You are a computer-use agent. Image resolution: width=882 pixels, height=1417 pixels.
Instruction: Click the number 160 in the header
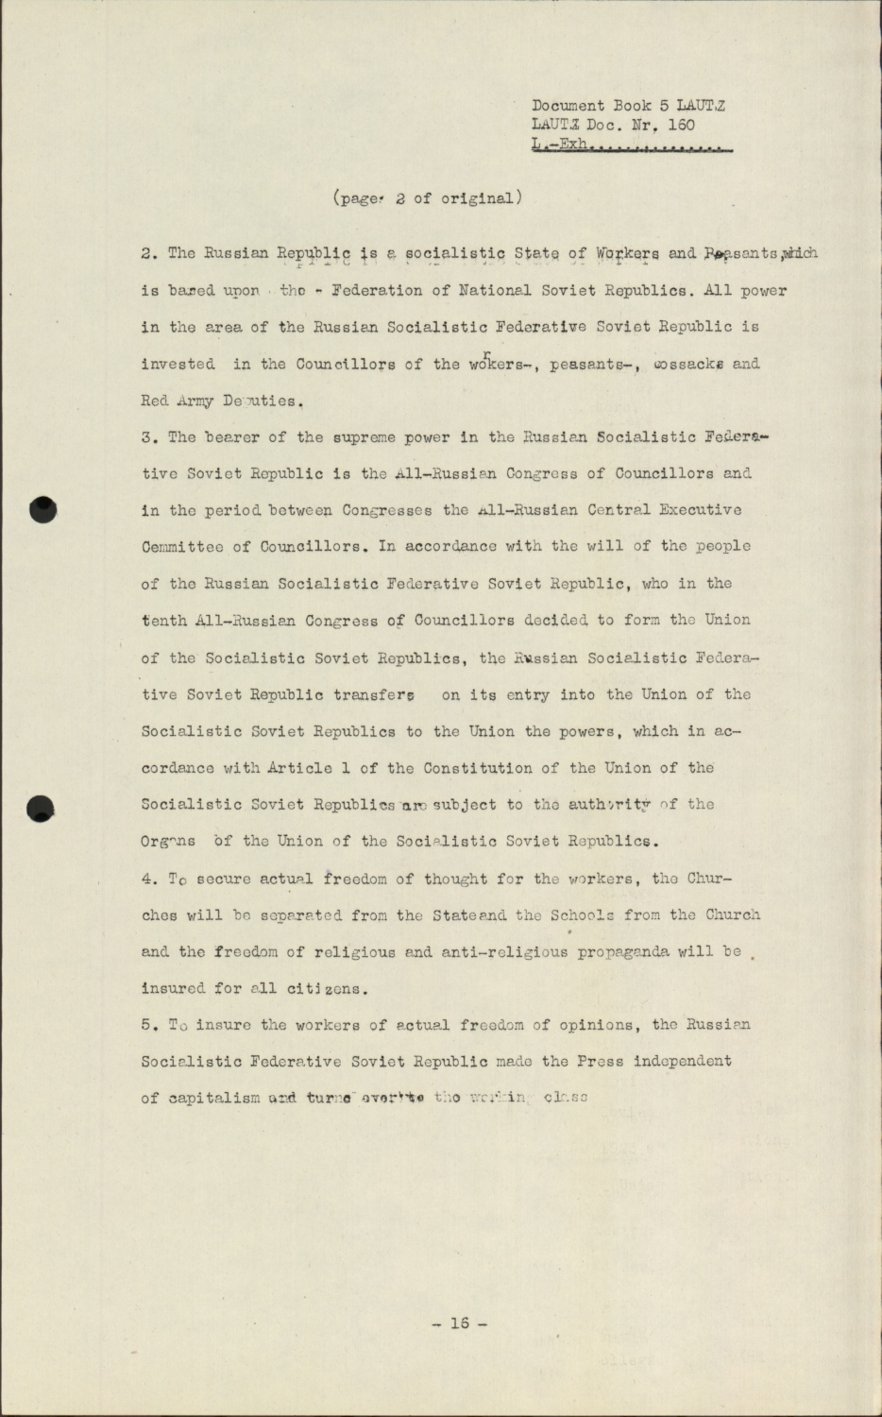click(681, 125)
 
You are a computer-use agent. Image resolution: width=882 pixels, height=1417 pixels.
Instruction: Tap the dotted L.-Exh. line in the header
click(633, 145)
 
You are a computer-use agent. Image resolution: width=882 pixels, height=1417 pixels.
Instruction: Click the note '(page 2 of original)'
click(427, 198)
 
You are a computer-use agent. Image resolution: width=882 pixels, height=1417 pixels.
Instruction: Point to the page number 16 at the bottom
click(460, 1323)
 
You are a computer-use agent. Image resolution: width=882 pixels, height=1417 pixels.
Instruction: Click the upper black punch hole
click(43, 509)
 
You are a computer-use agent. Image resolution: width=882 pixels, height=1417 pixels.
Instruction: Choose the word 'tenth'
click(163, 621)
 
